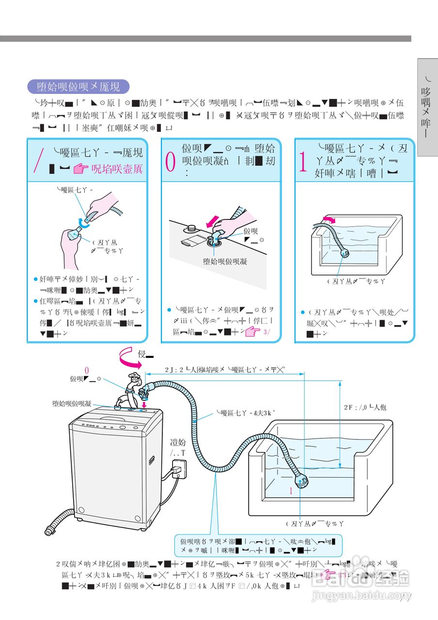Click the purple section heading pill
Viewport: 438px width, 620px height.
[79, 87]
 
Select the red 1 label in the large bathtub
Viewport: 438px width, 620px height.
[291, 491]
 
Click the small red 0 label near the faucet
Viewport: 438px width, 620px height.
[87, 371]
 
